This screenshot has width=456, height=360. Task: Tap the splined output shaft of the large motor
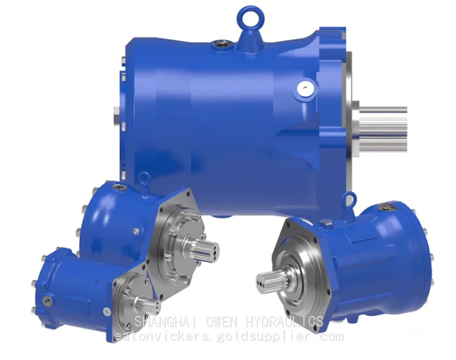(x=383, y=129)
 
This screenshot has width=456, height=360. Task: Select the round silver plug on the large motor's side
(x=304, y=89)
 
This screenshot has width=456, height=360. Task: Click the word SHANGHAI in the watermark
(x=166, y=322)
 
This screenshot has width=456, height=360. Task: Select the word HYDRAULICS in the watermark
(x=284, y=322)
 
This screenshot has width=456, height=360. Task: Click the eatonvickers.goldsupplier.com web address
(x=229, y=337)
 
